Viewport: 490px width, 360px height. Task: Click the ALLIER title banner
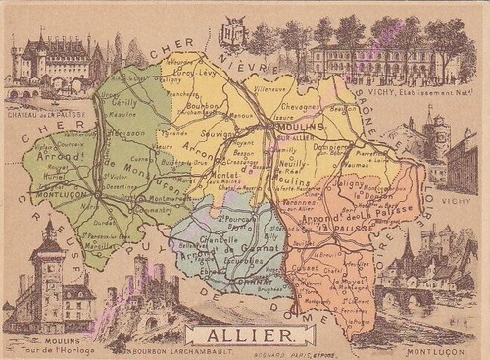point(245,334)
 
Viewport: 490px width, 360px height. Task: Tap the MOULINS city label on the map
point(291,128)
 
